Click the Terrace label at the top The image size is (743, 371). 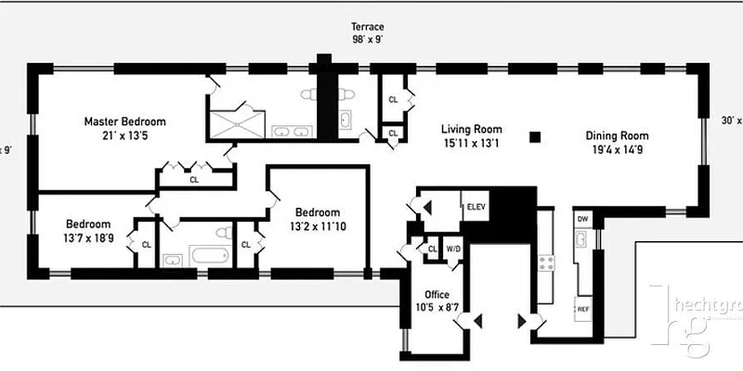pyautogui.click(x=367, y=27)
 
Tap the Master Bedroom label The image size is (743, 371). pyautogui.click(x=124, y=122)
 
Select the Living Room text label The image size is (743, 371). pyautogui.click(x=471, y=129)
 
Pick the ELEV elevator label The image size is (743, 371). pyautogui.click(x=476, y=205)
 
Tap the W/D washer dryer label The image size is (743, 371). pyautogui.click(x=453, y=249)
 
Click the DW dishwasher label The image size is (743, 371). pyautogui.click(x=582, y=219)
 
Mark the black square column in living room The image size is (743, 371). pyautogui.click(x=534, y=137)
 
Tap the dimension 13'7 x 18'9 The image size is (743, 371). pyautogui.click(x=88, y=238)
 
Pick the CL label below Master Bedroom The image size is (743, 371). pyautogui.click(x=194, y=180)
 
